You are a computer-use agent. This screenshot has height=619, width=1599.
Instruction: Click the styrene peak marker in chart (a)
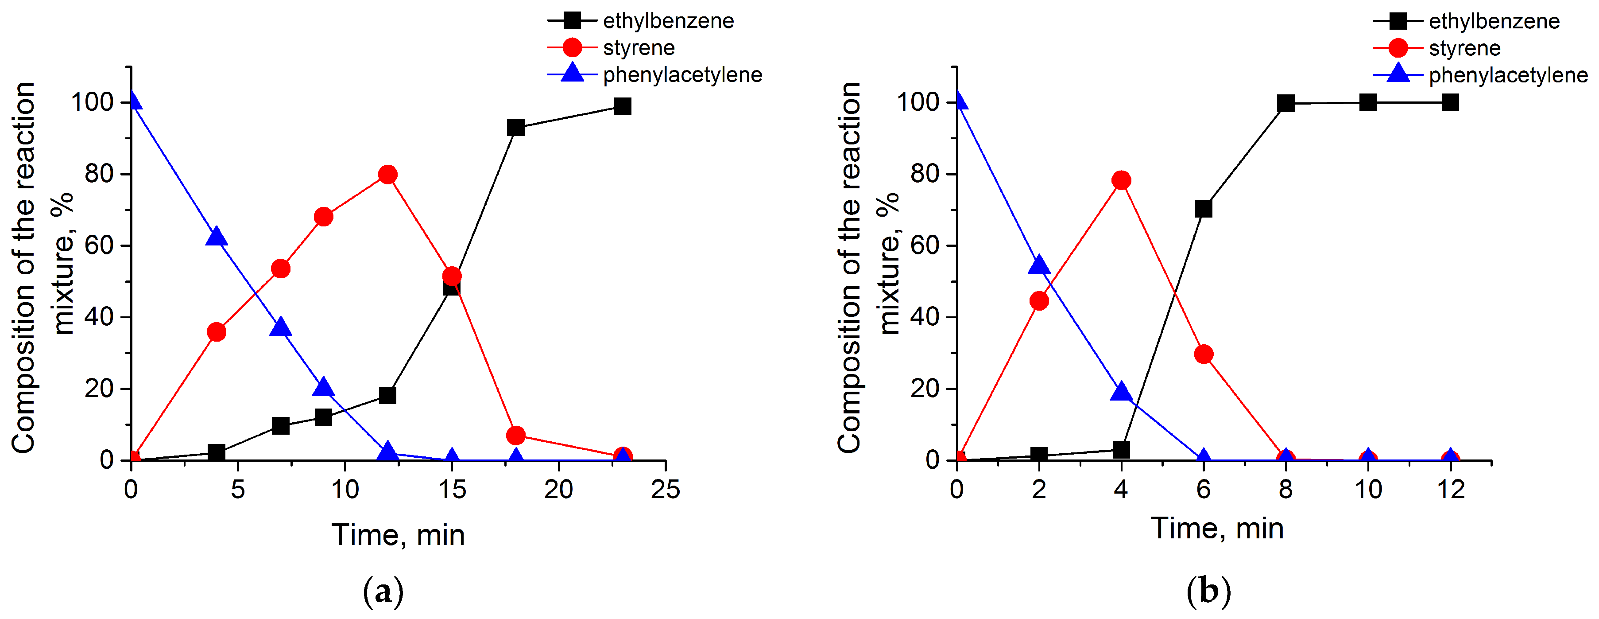coord(387,175)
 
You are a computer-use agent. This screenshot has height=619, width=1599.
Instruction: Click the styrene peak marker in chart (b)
coord(1121,181)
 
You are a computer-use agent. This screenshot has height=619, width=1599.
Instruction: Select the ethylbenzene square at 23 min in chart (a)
coord(623,106)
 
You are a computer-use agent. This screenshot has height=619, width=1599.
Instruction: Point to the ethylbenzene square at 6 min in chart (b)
coord(1204,209)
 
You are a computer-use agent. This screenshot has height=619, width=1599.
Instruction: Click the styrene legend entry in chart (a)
coord(638,48)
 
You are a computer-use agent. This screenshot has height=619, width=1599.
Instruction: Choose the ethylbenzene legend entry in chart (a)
coord(668,21)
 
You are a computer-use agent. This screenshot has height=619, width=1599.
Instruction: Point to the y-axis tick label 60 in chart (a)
coord(99,246)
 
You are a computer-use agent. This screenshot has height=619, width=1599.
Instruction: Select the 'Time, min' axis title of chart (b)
coord(1217,528)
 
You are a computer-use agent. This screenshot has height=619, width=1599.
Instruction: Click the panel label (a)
coord(383,592)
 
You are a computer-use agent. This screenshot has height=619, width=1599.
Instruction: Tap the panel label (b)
coord(1208,591)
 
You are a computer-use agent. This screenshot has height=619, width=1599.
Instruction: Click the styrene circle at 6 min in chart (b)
coord(1204,354)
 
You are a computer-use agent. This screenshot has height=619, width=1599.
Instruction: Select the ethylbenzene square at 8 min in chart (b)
coord(1285,103)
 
